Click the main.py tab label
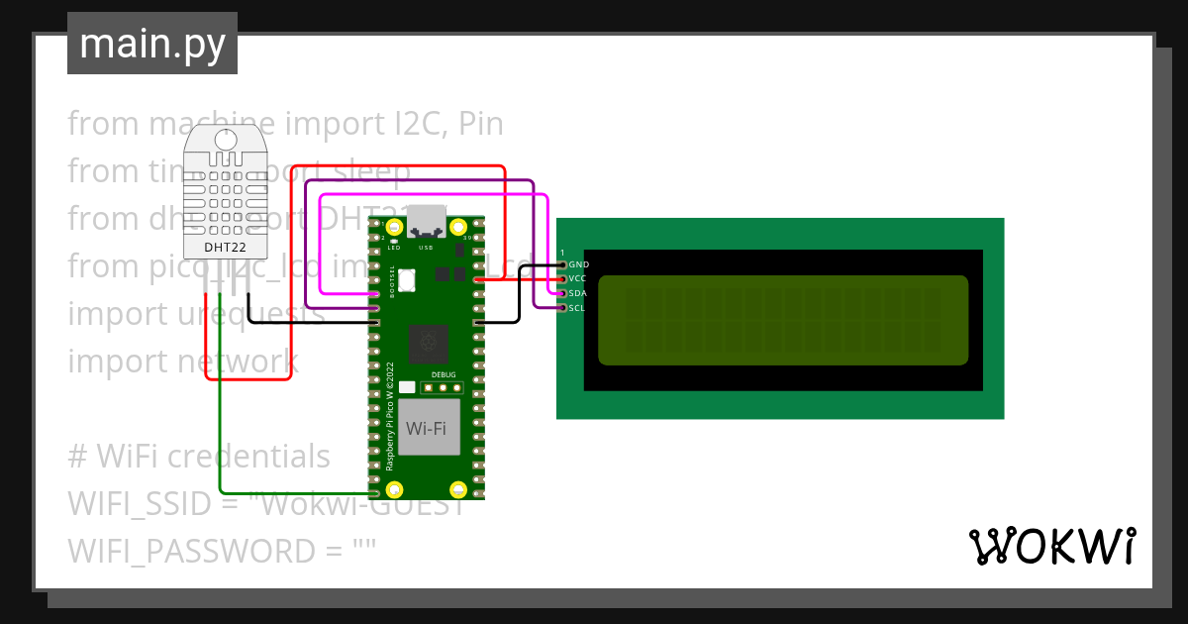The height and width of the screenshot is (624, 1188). [151, 45]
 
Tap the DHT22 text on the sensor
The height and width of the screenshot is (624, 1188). [225, 248]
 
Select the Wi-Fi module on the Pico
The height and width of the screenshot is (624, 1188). [427, 429]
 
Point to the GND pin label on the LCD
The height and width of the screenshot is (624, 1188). [578, 264]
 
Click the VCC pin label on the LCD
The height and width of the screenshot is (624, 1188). [578, 278]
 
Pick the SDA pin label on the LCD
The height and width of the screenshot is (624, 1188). [578, 293]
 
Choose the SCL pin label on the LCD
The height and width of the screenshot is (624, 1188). [578, 308]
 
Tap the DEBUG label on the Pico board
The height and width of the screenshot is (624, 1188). [445, 375]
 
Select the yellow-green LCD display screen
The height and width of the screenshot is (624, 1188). [782, 320]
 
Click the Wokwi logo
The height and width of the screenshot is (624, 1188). [1050, 546]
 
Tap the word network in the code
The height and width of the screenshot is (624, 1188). [237, 362]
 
